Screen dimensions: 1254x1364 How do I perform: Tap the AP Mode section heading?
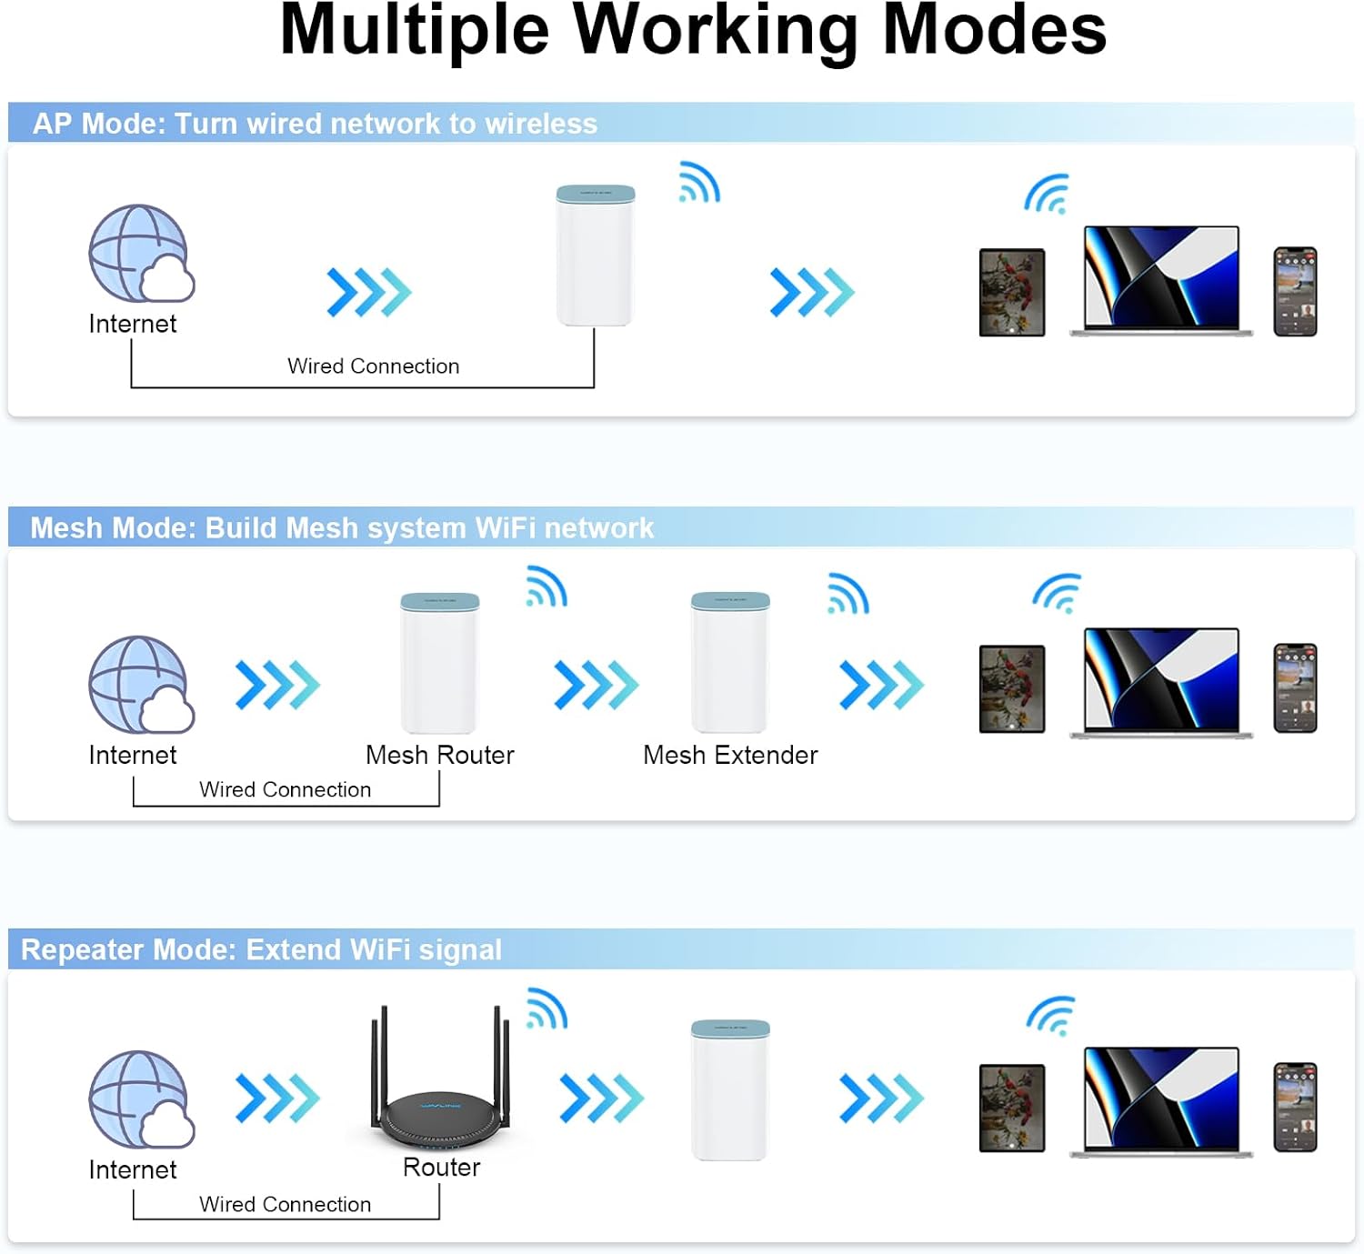(x=315, y=124)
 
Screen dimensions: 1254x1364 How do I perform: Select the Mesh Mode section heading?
(x=342, y=528)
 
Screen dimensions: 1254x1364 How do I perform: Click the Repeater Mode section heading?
(x=261, y=950)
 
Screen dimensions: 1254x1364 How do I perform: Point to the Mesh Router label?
(x=439, y=756)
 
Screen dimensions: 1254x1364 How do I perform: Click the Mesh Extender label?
(x=730, y=756)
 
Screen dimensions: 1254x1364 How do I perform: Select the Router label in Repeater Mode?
(x=441, y=1168)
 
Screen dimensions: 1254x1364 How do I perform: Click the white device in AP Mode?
(x=595, y=256)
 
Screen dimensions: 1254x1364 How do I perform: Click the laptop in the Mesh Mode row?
(x=1161, y=682)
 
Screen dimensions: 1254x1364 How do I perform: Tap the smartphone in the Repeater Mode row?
(x=1295, y=1107)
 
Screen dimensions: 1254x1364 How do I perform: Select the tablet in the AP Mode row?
(x=1011, y=293)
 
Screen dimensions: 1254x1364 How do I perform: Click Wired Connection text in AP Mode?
(x=373, y=366)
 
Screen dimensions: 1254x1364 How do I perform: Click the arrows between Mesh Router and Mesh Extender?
(x=597, y=685)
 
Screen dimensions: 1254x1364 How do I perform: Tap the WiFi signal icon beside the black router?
(x=547, y=1008)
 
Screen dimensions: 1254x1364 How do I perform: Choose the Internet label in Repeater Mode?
(x=133, y=1170)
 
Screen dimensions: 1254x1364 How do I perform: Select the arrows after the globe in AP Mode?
(x=369, y=293)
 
